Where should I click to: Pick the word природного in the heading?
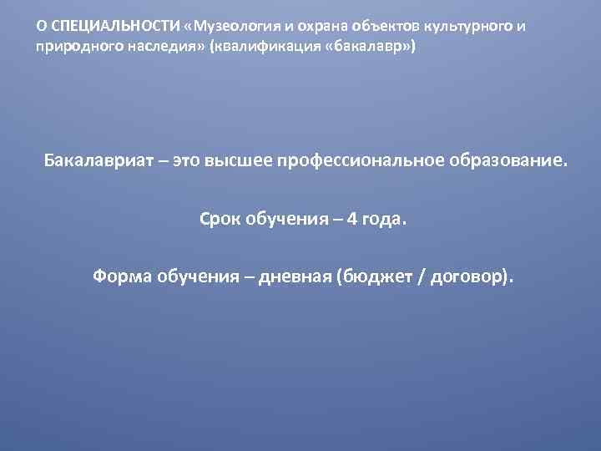(x=72, y=47)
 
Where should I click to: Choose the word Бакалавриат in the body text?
(x=100, y=160)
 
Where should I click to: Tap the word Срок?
(x=220, y=219)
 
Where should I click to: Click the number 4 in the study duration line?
(x=351, y=219)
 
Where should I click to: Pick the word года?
(x=383, y=220)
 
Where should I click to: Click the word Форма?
(x=120, y=277)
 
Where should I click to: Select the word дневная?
(x=298, y=277)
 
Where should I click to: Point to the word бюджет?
(x=380, y=277)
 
